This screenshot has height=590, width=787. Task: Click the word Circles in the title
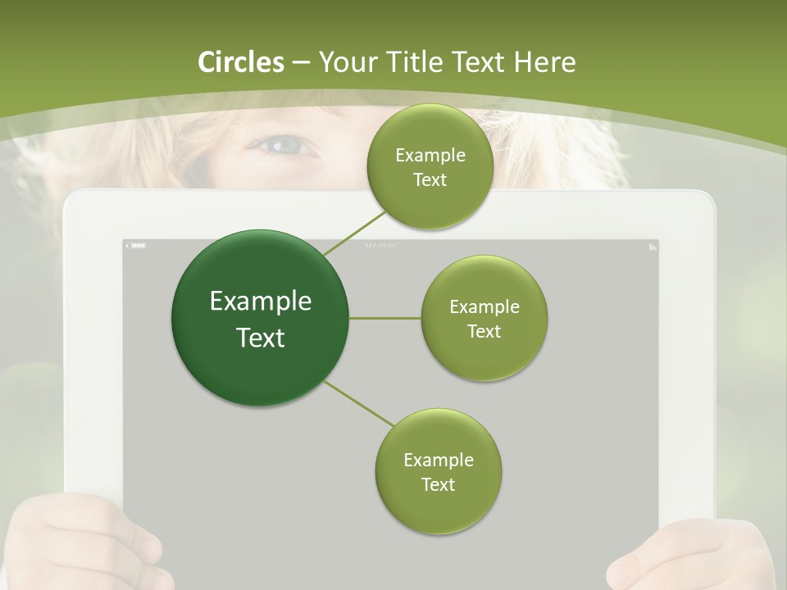[x=240, y=62]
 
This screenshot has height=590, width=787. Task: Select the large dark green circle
[x=260, y=318]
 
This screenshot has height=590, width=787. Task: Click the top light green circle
[x=430, y=167]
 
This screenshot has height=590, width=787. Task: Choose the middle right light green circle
[x=484, y=318]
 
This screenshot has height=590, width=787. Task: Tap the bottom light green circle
[x=438, y=471]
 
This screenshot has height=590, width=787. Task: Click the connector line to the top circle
[x=354, y=234]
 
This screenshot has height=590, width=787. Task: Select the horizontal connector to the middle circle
[x=384, y=318]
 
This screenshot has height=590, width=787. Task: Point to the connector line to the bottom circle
[x=359, y=404]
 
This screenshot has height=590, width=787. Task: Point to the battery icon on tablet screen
[x=135, y=245]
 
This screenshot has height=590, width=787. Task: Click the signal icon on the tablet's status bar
[x=653, y=246]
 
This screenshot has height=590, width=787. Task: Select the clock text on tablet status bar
[x=380, y=245]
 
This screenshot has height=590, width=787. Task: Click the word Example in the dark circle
[x=260, y=302]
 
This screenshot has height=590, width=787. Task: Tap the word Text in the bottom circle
[x=438, y=484]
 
